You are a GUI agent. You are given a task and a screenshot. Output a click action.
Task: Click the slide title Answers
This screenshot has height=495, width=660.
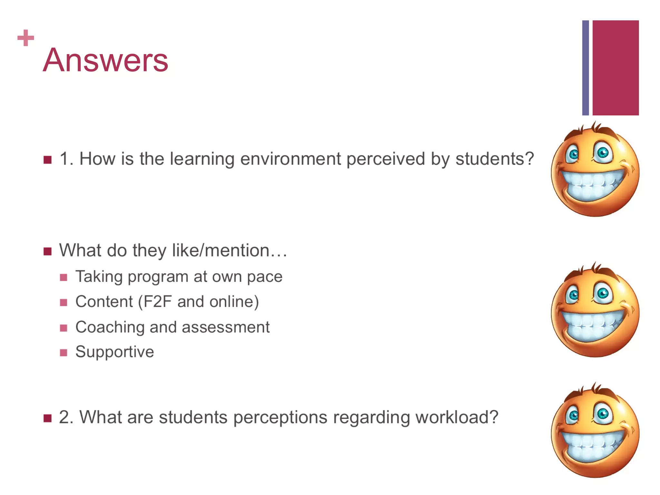click(105, 60)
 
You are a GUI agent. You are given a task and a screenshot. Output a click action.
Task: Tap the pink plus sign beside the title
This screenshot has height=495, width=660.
click(26, 38)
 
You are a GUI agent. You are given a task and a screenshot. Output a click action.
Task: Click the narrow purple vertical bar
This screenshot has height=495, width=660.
click(585, 68)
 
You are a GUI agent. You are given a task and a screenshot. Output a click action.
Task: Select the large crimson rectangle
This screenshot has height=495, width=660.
click(615, 68)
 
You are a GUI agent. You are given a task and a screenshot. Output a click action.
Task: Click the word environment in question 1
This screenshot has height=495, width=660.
click(290, 159)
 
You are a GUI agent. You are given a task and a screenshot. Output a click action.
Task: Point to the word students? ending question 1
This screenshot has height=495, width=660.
click(495, 159)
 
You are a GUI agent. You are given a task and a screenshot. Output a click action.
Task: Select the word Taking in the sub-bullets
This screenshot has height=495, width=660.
click(99, 277)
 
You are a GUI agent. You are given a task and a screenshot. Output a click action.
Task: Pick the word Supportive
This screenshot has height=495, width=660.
click(115, 352)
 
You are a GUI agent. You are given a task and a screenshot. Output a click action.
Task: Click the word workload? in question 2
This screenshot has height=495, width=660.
click(457, 417)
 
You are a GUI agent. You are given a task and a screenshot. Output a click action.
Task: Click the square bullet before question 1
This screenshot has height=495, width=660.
click(48, 160)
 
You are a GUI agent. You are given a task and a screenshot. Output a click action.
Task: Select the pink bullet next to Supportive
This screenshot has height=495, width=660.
click(63, 353)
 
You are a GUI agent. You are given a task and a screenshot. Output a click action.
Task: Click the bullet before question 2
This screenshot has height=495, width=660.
click(48, 418)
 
